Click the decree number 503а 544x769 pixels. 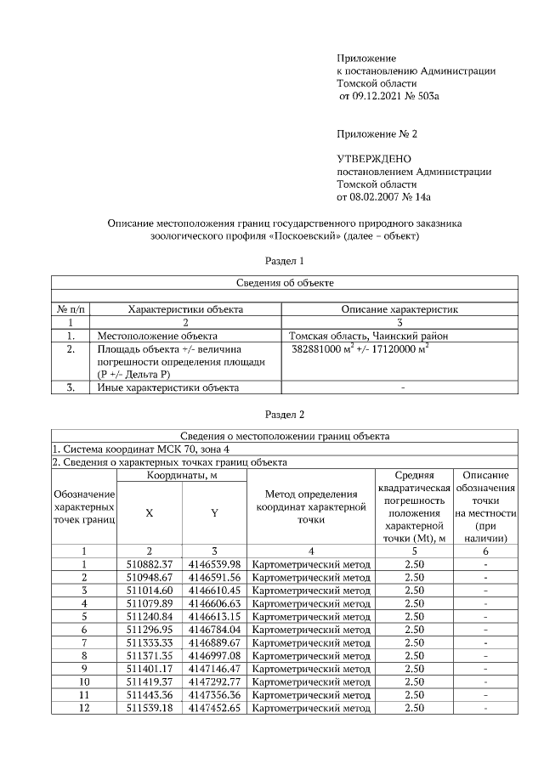point(429,98)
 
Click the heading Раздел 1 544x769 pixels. point(284,261)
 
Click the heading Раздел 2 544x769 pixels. point(284,415)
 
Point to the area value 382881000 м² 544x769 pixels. point(326,348)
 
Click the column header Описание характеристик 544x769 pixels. point(399,310)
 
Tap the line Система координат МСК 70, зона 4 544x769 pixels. point(141,449)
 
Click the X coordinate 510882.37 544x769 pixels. point(150,564)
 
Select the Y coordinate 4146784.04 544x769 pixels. point(214,630)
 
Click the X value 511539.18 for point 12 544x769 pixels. point(150,707)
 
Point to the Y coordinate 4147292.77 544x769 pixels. point(214,681)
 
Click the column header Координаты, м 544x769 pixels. point(181,475)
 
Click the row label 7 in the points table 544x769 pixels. point(84,642)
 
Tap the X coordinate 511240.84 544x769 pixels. point(150,616)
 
